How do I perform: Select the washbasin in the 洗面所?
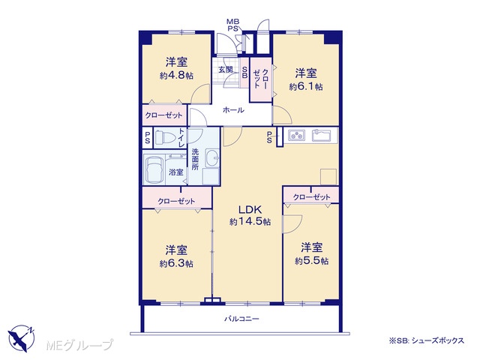point(211,157)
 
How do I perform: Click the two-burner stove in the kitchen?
point(296,135)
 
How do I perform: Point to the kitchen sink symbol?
point(322,135)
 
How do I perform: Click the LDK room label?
point(250,210)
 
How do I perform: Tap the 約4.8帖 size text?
point(177,76)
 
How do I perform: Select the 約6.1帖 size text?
point(306,87)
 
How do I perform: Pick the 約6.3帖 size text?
point(176,263)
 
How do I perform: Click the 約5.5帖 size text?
point(312,261)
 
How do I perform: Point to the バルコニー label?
point(241,319)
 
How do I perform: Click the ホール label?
point(233,110)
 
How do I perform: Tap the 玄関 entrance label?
point(226,70)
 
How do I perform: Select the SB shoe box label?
point(245,72)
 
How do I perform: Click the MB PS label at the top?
point(233,25)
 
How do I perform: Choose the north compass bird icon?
point(21,338)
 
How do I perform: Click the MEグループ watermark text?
point(80,345)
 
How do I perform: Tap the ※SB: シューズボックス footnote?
point(427,340)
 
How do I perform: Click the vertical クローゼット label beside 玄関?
point(261,79)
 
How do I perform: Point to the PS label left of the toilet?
point(148,137)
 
